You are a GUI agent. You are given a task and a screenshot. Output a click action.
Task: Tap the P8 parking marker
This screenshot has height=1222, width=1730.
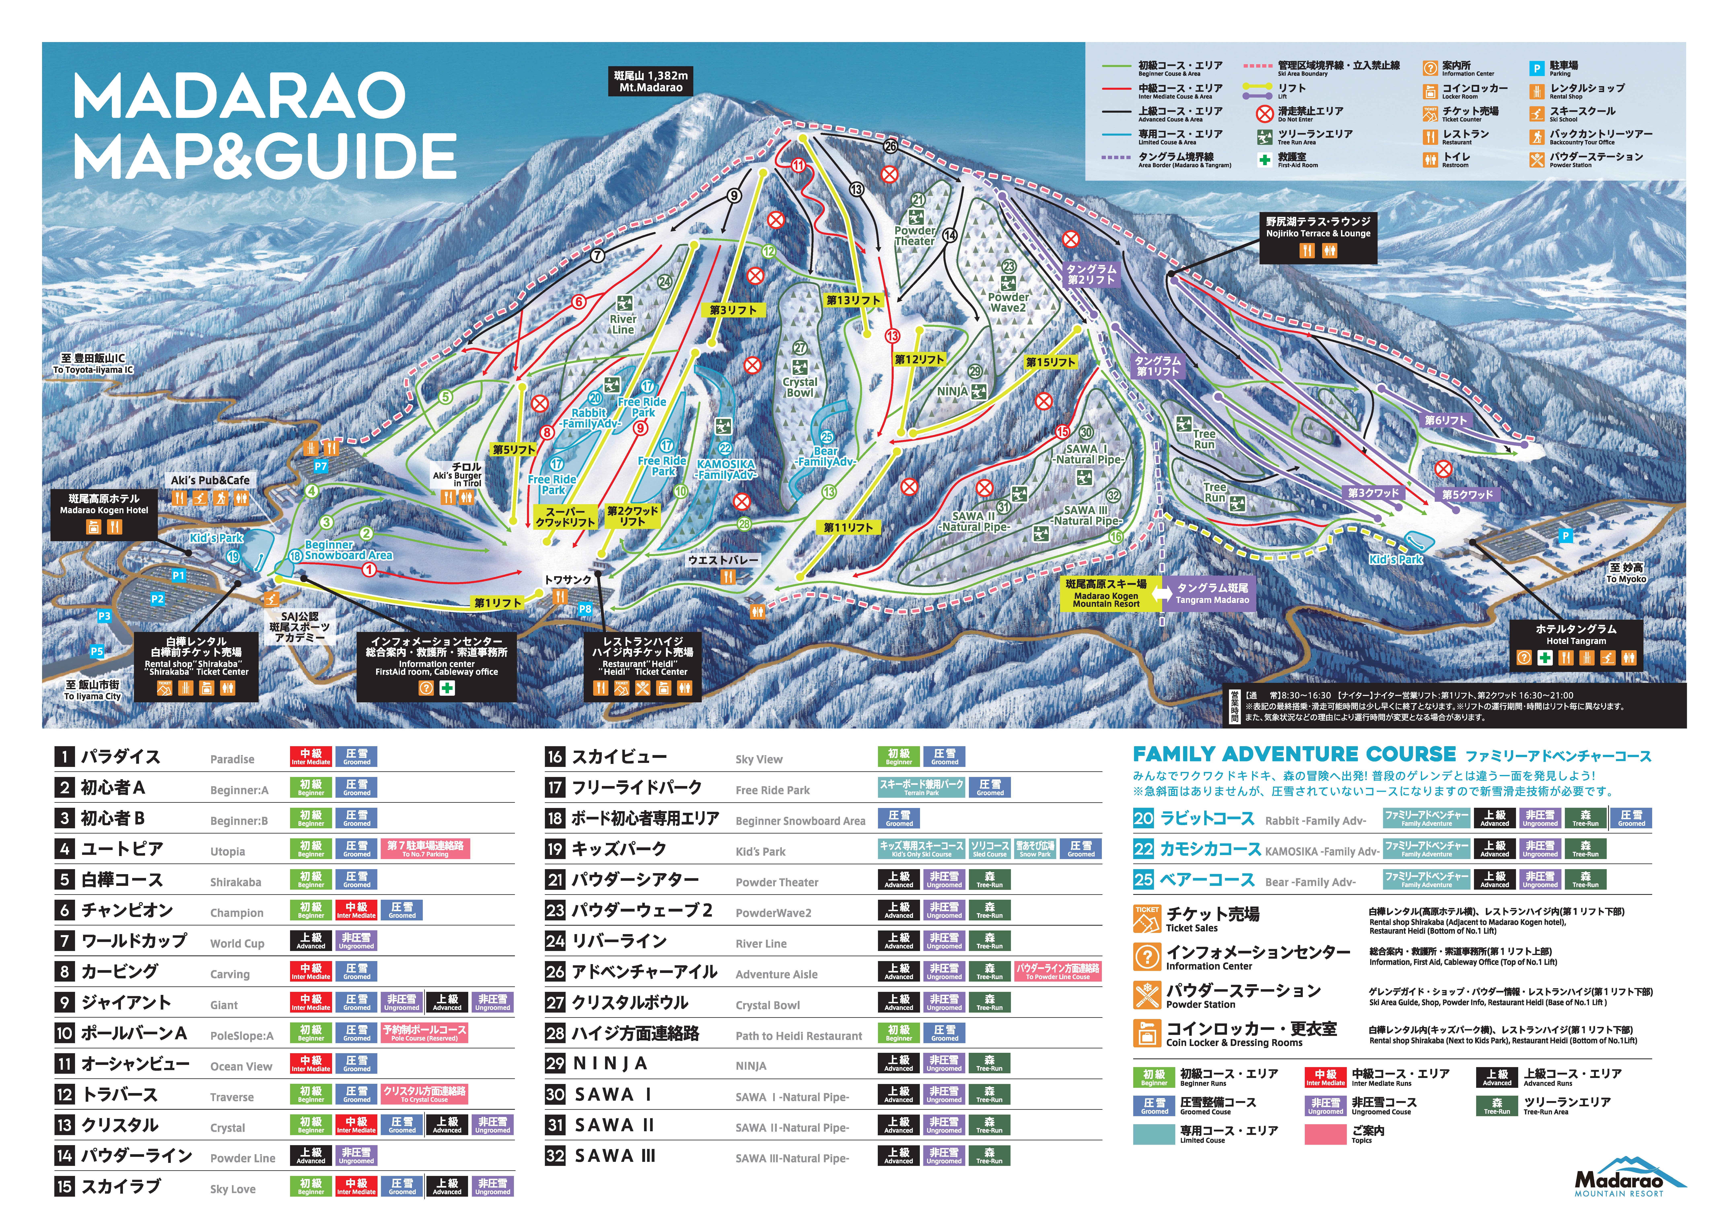585,608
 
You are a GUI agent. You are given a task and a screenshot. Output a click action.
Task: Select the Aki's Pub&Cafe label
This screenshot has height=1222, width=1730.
209,480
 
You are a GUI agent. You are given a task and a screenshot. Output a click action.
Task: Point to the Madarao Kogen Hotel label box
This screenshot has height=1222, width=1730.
104,504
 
